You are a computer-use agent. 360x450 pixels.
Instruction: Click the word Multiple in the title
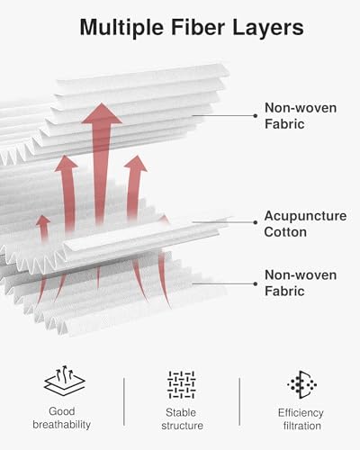(121, 28)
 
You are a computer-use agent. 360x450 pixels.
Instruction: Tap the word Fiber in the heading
(198, 27)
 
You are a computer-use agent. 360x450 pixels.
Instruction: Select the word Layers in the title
(268, 28)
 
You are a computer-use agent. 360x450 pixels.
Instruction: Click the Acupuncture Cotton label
(305, 224)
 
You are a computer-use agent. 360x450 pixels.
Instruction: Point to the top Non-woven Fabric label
(301, 116)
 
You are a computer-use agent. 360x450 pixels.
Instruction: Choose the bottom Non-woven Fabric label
(301, 283)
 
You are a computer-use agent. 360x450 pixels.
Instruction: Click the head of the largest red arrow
(102, 113)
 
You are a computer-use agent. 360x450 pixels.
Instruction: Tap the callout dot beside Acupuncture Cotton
(256, 222)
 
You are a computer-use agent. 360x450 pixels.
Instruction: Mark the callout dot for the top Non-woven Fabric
(256, 115)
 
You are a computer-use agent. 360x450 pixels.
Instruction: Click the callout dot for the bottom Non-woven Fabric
(256, 283)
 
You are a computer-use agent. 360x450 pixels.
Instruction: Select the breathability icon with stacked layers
(64, 381)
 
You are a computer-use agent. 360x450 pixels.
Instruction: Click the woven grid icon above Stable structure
(182, 385)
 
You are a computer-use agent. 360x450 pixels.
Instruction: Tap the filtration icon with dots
(302, 384)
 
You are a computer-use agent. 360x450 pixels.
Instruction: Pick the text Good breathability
(62, 418)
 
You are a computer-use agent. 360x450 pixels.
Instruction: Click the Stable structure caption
(182, 419)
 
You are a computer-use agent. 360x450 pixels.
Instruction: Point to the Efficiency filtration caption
(301, 419)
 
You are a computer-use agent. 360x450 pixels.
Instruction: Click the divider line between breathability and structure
(124, 401)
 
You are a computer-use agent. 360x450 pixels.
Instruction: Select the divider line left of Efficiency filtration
(239, 401)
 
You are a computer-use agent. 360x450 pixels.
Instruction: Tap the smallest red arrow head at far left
(43, 220)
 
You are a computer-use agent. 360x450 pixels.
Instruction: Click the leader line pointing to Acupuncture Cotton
(223, 222)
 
